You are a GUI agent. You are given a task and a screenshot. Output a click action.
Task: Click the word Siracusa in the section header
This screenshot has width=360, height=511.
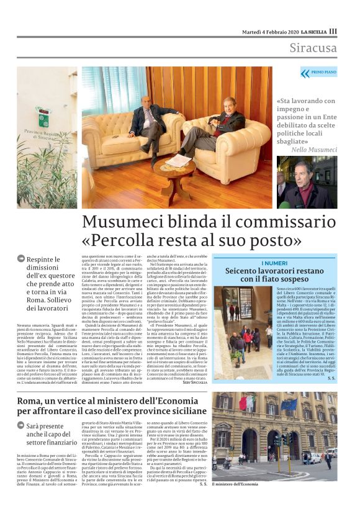[313, 48]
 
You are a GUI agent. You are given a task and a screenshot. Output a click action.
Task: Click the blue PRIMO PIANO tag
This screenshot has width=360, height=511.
[318, 73]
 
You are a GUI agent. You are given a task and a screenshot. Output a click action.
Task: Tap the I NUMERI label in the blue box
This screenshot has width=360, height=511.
[274, 263]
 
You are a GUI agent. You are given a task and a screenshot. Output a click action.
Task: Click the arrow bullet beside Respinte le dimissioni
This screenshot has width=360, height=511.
[20, 258]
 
